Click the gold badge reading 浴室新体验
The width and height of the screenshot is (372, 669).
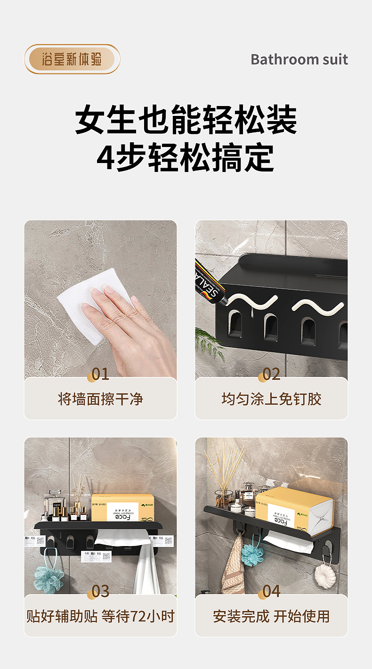point(72,59)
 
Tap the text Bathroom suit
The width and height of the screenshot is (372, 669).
point(299,59)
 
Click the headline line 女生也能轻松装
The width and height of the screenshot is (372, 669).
point(186,120)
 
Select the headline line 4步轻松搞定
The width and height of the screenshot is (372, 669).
point(186,157)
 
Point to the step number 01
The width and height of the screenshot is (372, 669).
point(100,374)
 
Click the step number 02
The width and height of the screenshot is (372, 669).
point(271,374)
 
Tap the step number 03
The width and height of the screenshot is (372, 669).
point(100,591)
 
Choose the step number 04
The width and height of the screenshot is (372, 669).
point(271,591)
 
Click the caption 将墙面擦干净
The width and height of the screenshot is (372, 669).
point(100,399)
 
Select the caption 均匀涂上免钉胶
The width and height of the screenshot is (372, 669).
point(271,399)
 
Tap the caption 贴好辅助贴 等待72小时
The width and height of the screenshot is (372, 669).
point(100,616)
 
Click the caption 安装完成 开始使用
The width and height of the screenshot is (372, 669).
point(271,616)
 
